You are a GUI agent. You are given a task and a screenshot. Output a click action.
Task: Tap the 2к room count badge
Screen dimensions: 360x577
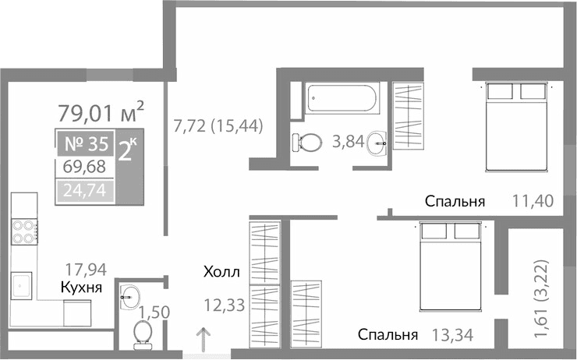point(129,150)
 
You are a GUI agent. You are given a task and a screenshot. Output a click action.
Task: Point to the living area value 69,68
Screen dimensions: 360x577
point(85,168)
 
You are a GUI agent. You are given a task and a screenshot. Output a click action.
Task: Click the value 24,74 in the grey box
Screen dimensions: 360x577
point(85,189)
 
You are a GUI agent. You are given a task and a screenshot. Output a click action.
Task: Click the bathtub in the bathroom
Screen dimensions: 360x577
point(342,97)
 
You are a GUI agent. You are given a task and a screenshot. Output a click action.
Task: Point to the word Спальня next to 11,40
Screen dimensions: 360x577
point(455,202)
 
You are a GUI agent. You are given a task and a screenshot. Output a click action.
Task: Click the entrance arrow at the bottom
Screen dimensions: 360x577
point(204,341)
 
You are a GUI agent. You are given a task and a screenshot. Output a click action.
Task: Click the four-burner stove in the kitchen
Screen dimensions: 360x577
point(25,231)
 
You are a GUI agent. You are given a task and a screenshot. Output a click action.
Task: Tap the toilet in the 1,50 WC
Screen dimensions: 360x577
point(143,334)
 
